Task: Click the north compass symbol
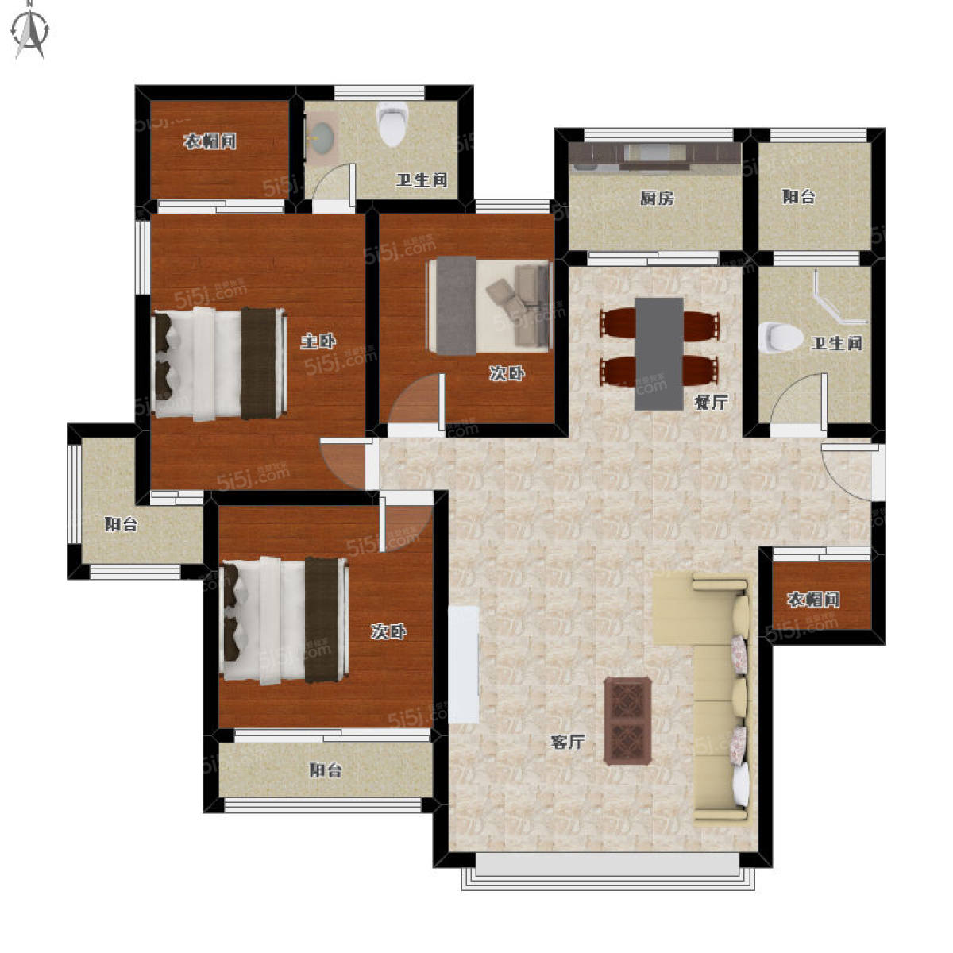[31, 31]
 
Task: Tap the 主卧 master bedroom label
[318, 341]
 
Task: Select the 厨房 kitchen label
[657, 199]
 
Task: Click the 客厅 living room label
[568, 742]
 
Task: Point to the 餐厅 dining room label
[711, 403]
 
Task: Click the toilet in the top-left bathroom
[392, 124]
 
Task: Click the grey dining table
[659, 353]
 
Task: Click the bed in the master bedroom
[219, 364]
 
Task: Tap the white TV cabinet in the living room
[463, 666]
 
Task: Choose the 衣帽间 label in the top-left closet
[210, 141]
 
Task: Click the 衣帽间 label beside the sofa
[813, 600]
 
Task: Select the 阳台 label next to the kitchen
[799, 197]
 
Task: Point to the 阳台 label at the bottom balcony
[326, 770]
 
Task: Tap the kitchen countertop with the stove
[655, 157]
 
